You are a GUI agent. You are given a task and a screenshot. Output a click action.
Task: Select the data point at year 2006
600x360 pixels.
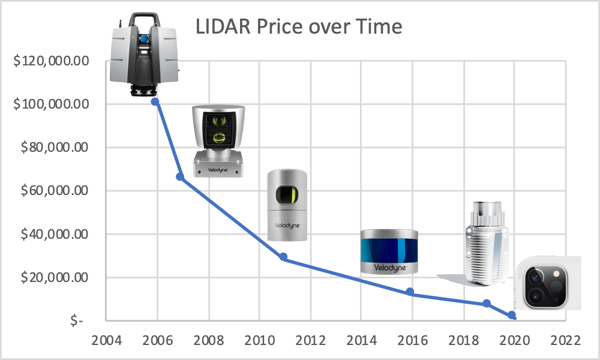coord(155,101)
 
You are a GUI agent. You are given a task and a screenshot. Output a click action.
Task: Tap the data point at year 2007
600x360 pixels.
coord(180,176)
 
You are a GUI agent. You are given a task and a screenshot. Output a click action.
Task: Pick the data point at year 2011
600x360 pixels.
coord(283,257)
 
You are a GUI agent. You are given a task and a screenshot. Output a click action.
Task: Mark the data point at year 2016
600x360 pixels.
coord(410,292)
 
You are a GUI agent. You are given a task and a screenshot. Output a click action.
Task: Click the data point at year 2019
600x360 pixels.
coord(487,304)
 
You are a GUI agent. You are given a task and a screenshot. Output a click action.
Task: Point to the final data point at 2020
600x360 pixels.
coord(512,315)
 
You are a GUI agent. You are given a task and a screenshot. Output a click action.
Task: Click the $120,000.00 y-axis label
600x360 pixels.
coord(51,61)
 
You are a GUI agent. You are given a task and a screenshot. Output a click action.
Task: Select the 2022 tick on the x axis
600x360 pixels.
coord(563,340)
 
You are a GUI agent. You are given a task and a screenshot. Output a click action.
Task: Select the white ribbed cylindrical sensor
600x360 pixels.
coord(485,243)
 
